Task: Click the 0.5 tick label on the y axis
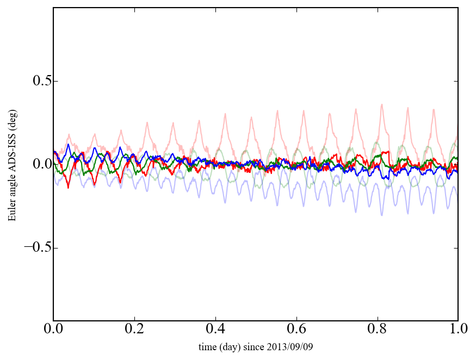35,81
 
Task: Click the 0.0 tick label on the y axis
35,164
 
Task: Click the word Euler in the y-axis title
11,212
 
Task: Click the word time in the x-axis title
208,346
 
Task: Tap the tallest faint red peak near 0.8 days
382,104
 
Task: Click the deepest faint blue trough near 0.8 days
382,215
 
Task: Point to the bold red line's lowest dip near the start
68,188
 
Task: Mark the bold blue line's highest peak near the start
68,145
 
